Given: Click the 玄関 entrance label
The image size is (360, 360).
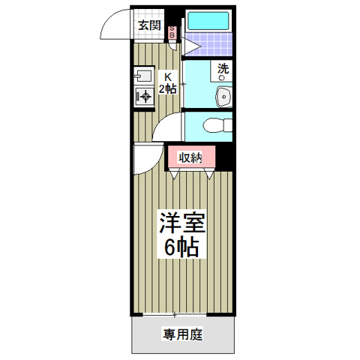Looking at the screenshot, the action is (149, 25).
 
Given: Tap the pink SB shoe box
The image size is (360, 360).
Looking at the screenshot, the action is (172, 32).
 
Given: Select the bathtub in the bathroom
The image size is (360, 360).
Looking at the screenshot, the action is (208, 21).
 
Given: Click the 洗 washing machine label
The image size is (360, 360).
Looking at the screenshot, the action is (223, 68).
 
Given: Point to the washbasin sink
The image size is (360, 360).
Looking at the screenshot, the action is (224, 97).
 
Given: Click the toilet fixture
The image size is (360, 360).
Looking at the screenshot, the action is (217, 125).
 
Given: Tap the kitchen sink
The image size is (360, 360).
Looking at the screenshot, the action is (143, 76).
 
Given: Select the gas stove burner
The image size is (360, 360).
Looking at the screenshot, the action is (144, 96).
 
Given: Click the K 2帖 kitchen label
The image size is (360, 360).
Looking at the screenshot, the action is (168, 82).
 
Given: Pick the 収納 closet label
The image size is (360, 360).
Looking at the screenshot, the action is (190, 158).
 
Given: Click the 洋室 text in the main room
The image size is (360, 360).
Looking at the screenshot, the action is (182, 223).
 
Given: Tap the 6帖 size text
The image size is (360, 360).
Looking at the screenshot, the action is (181, 247).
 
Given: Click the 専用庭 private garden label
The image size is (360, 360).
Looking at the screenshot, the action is (183, 334).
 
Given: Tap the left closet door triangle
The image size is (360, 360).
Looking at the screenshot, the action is (174, 173).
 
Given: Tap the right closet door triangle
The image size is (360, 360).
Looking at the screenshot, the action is (209, 173).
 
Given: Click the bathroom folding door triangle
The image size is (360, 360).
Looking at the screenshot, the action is (191, 46).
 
